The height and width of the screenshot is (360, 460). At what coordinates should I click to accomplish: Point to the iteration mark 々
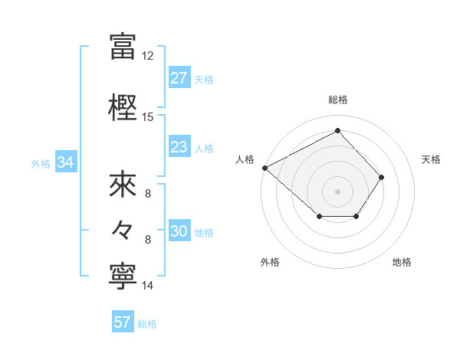pos(123,228)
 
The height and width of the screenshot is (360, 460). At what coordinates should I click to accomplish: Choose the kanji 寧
pos(123,274)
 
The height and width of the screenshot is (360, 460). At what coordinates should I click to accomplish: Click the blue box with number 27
pos(179,78)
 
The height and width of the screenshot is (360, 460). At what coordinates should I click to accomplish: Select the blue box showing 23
pos(179,147)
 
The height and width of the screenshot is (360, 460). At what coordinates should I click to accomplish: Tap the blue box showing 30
pos(179,232)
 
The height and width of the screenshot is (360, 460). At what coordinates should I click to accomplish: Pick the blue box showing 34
pos(65,162)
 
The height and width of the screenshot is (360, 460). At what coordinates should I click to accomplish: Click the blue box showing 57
pos(122,322)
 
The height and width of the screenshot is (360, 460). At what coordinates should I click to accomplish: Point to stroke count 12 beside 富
pos(148,56)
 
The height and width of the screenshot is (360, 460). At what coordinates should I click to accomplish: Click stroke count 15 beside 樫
pos(148,117)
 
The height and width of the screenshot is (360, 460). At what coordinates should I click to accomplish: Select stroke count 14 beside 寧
pos(148,286)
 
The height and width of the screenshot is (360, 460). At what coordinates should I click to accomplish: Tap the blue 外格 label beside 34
pos(41,163)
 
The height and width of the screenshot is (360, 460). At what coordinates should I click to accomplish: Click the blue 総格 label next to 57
pos(147,323)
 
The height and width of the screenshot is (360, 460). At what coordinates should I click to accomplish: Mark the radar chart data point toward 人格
pos(264,168)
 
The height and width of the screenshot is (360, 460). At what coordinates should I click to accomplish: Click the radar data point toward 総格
pos(337,131)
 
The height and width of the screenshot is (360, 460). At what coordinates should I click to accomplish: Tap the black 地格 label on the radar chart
pos(402,263)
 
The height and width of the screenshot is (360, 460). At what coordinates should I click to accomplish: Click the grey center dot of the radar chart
pos(337,191)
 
